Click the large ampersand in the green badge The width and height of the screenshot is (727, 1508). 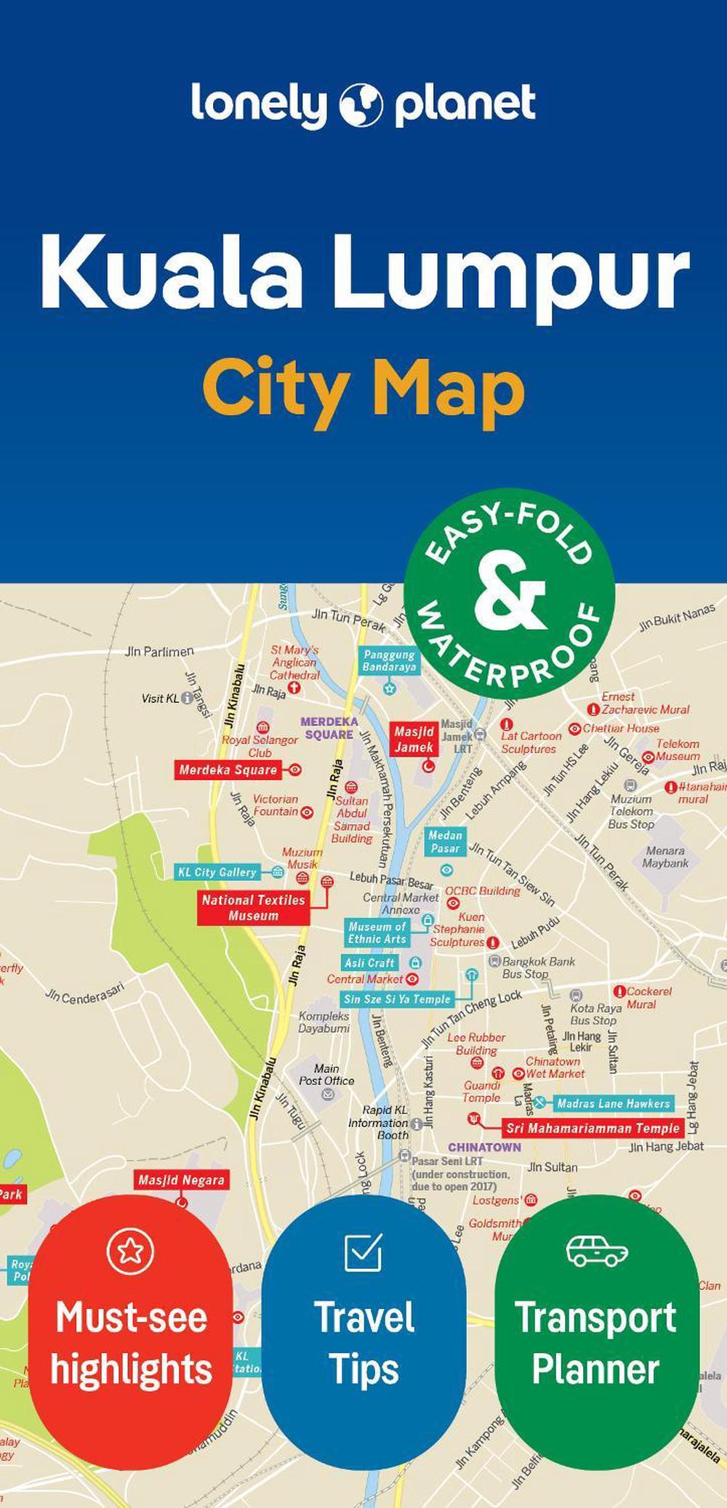[x=510, y=592]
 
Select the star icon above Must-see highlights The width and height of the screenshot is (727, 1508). [x=131, y=1250]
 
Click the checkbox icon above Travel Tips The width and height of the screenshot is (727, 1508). [x=363, y=1251]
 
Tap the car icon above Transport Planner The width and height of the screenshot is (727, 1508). [x=597, y=1251]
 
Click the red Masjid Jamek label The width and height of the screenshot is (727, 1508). [x=414, y=740]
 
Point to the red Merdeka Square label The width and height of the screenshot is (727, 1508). [x=228, y=770]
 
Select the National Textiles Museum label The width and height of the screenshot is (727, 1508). [x=253, y=908]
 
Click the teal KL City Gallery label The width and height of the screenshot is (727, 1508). [x=218, y=872]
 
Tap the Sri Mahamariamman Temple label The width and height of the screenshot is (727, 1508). [x=593, y=1129]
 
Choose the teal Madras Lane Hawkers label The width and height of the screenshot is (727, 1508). [x=613, y=1103]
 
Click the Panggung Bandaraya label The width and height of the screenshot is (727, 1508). [x=390, y=661]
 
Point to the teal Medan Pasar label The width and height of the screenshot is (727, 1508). [x=445, y=842]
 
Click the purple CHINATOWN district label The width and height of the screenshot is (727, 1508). [x=484, y=1147]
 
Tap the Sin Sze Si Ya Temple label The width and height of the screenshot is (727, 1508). [x=397, y=999]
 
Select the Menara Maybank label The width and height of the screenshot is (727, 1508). [x=665, y=857]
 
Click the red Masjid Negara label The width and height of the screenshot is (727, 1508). [x=181, y=1180]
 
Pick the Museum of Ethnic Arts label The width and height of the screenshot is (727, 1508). [x=377, y=932]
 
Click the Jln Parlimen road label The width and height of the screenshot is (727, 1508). [x=159, y=651]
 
